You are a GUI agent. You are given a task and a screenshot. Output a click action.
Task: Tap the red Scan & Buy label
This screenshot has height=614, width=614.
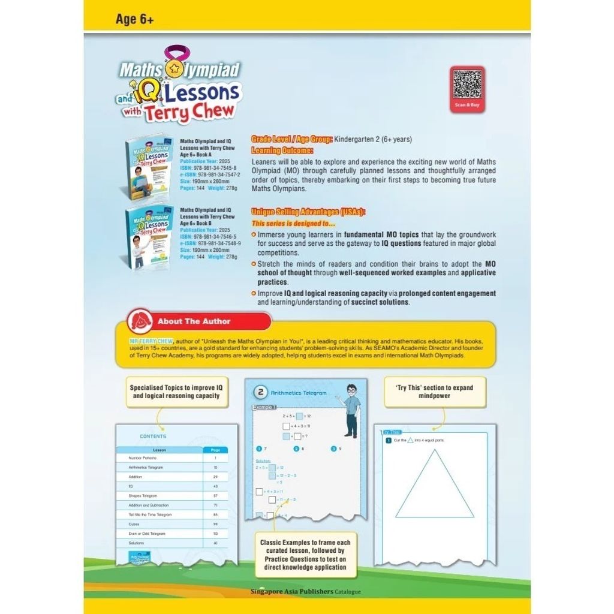pyautogui.click(x=467, y=105)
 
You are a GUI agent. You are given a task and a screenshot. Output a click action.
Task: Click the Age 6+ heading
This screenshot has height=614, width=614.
pyautogui.click(x=135, y=19)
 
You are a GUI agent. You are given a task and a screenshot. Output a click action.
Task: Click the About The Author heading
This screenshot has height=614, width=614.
pyautogui.click(x=194, y=321)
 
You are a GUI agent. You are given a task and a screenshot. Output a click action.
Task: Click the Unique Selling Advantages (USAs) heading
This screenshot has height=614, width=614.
pyautogui.click(x=308, y=212)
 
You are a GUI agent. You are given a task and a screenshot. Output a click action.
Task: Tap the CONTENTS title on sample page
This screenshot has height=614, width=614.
pyautogui.click(x=153, y=437)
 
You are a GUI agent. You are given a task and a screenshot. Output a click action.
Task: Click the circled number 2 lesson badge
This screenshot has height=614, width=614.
pyautogui.click(x=261, y=392)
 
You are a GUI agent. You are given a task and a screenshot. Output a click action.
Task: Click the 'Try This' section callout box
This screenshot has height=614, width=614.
pyautogui.click(x=434, y=392)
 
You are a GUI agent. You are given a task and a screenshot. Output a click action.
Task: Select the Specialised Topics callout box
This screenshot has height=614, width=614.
pyautogui.click(x=175, y=392)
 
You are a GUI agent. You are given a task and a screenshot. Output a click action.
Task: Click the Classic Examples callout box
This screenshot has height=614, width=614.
pyautogui.click(x=305, y=555)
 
